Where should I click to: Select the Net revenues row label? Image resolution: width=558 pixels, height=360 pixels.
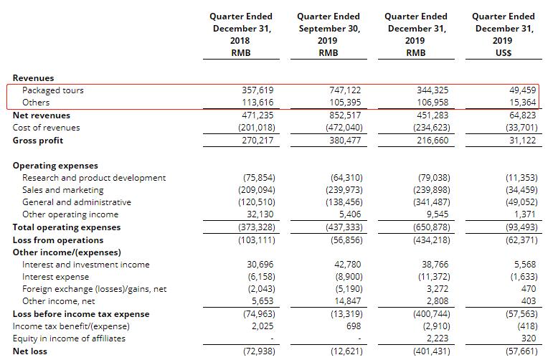42,115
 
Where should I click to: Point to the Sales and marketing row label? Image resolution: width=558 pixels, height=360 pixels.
62,190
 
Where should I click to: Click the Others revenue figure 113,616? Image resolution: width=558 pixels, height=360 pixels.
260,103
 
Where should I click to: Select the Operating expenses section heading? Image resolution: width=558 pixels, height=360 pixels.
55,165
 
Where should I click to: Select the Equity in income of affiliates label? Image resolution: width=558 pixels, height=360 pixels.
69,338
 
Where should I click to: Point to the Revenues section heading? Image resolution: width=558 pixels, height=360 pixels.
33,77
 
